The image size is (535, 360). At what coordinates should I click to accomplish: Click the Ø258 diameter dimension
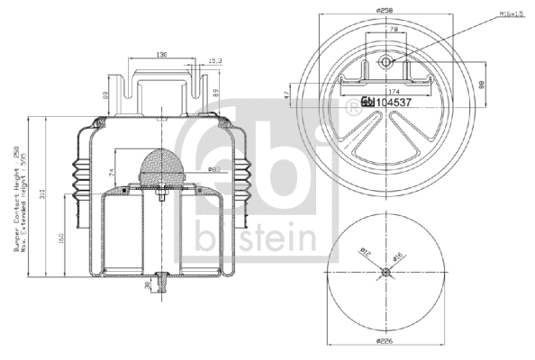click(386, 10)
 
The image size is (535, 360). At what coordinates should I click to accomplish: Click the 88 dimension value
click(484, 86)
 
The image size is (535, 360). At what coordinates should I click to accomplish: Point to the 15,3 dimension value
click(214, 61)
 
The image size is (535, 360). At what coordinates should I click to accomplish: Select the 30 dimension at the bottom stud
click(147, 285)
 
